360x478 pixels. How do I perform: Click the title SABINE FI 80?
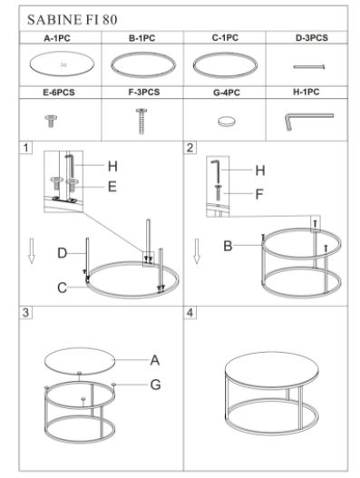coord(73,20)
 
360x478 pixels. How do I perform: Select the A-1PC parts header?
coord(57,38)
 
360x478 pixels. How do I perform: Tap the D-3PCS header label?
coord(312,38)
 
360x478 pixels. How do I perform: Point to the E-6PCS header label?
coord(59,93)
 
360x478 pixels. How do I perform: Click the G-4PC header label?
coord(227,93)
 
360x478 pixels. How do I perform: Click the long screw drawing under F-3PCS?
coord(141,121)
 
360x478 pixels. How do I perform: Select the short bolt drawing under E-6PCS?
coord(50,121)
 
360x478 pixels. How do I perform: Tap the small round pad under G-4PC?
coord(227,122)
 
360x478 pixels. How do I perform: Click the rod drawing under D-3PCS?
coord(309,67)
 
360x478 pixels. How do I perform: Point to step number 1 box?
coord(25,148)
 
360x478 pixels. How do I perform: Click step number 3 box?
coord(25,313)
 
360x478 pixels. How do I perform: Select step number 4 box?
coord(190,313)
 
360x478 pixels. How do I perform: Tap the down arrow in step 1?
coord(32,250)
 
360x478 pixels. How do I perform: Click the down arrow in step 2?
coord(197,251)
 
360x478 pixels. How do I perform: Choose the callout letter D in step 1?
coord(63,253)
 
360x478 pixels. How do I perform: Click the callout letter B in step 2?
coord(228,246)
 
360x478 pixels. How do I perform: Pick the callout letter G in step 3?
coord(155,385)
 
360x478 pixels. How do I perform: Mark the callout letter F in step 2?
coord(259,194)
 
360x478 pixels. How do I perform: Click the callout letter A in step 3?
coord(155,360)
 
